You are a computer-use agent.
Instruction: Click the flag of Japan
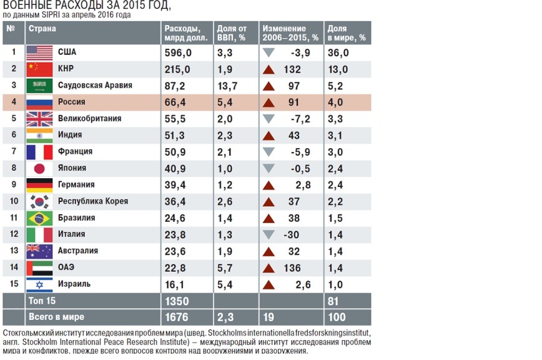pyautogui.click(x=39, y=168)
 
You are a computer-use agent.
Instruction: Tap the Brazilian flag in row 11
pyautogui.click(x=39, y=218)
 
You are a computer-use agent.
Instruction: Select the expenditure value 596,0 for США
pyautogui.click(x=178, y=52)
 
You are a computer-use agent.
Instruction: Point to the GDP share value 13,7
pyautogui.click(x=228, y=86)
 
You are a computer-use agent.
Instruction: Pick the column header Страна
pyautogui.click(x=42, y=29)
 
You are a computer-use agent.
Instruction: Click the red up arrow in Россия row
pyautogui.click(x=269, y=102)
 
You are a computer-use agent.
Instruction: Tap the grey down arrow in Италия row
pyautogui.click(x=269, y=234)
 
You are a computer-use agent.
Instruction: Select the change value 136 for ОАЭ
pyautogui.click(x=292, y=267)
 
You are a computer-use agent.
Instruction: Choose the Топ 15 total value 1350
pyautogui.click(x=176, y=301)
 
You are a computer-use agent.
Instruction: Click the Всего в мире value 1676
pyautogui.click(x=176, y=317)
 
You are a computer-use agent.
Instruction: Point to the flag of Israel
pyautogui.click(x=39, y=284)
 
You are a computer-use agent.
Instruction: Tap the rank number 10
pyautogui.click(x=13, y=201)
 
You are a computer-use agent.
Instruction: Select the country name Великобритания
pyautogui.click(x=89, y=119)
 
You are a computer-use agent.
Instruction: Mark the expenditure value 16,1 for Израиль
pyautogui.click(x=175, y=284)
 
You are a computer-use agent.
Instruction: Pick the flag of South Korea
pyautogui.click(x=39, y=201)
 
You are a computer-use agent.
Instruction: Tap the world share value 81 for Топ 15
pyautogui.click(x=333, y=301)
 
